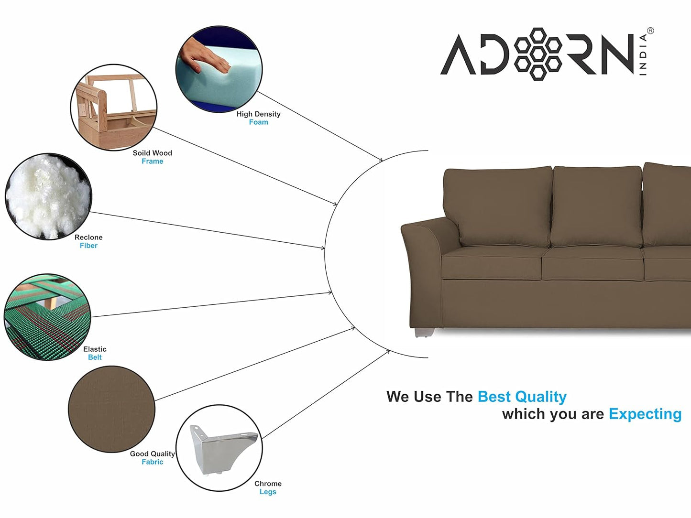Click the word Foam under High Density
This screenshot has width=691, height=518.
click(x=258, y=122)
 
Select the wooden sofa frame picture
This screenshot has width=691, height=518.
click(x=114, y=107)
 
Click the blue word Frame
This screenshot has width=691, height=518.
click(x=153, y=162)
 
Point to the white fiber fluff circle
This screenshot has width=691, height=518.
click(x=48, y=196)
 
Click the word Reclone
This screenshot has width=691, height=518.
click(x=88, y=237)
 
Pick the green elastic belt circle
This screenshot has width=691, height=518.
click(x=47, y=317)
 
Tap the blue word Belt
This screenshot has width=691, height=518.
click(x=95, y=357)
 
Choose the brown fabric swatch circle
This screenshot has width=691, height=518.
click(x=111, y=409)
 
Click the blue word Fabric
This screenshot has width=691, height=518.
click(x=153, y=462)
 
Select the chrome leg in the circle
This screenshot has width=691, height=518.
click(x=223, y=450)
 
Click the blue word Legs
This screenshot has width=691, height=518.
click(x=268, y=492)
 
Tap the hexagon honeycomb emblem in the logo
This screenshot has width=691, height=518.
click(x=537, y=54)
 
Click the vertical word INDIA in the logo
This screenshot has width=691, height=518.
click(x=643, y=54)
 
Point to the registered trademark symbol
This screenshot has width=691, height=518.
click(x=650, y=31)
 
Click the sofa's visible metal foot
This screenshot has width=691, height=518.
click(x=425, y=333)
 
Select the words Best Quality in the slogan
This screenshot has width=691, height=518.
click(x=522, y=397)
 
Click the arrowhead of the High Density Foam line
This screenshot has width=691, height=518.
click(x=381, y=160)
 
